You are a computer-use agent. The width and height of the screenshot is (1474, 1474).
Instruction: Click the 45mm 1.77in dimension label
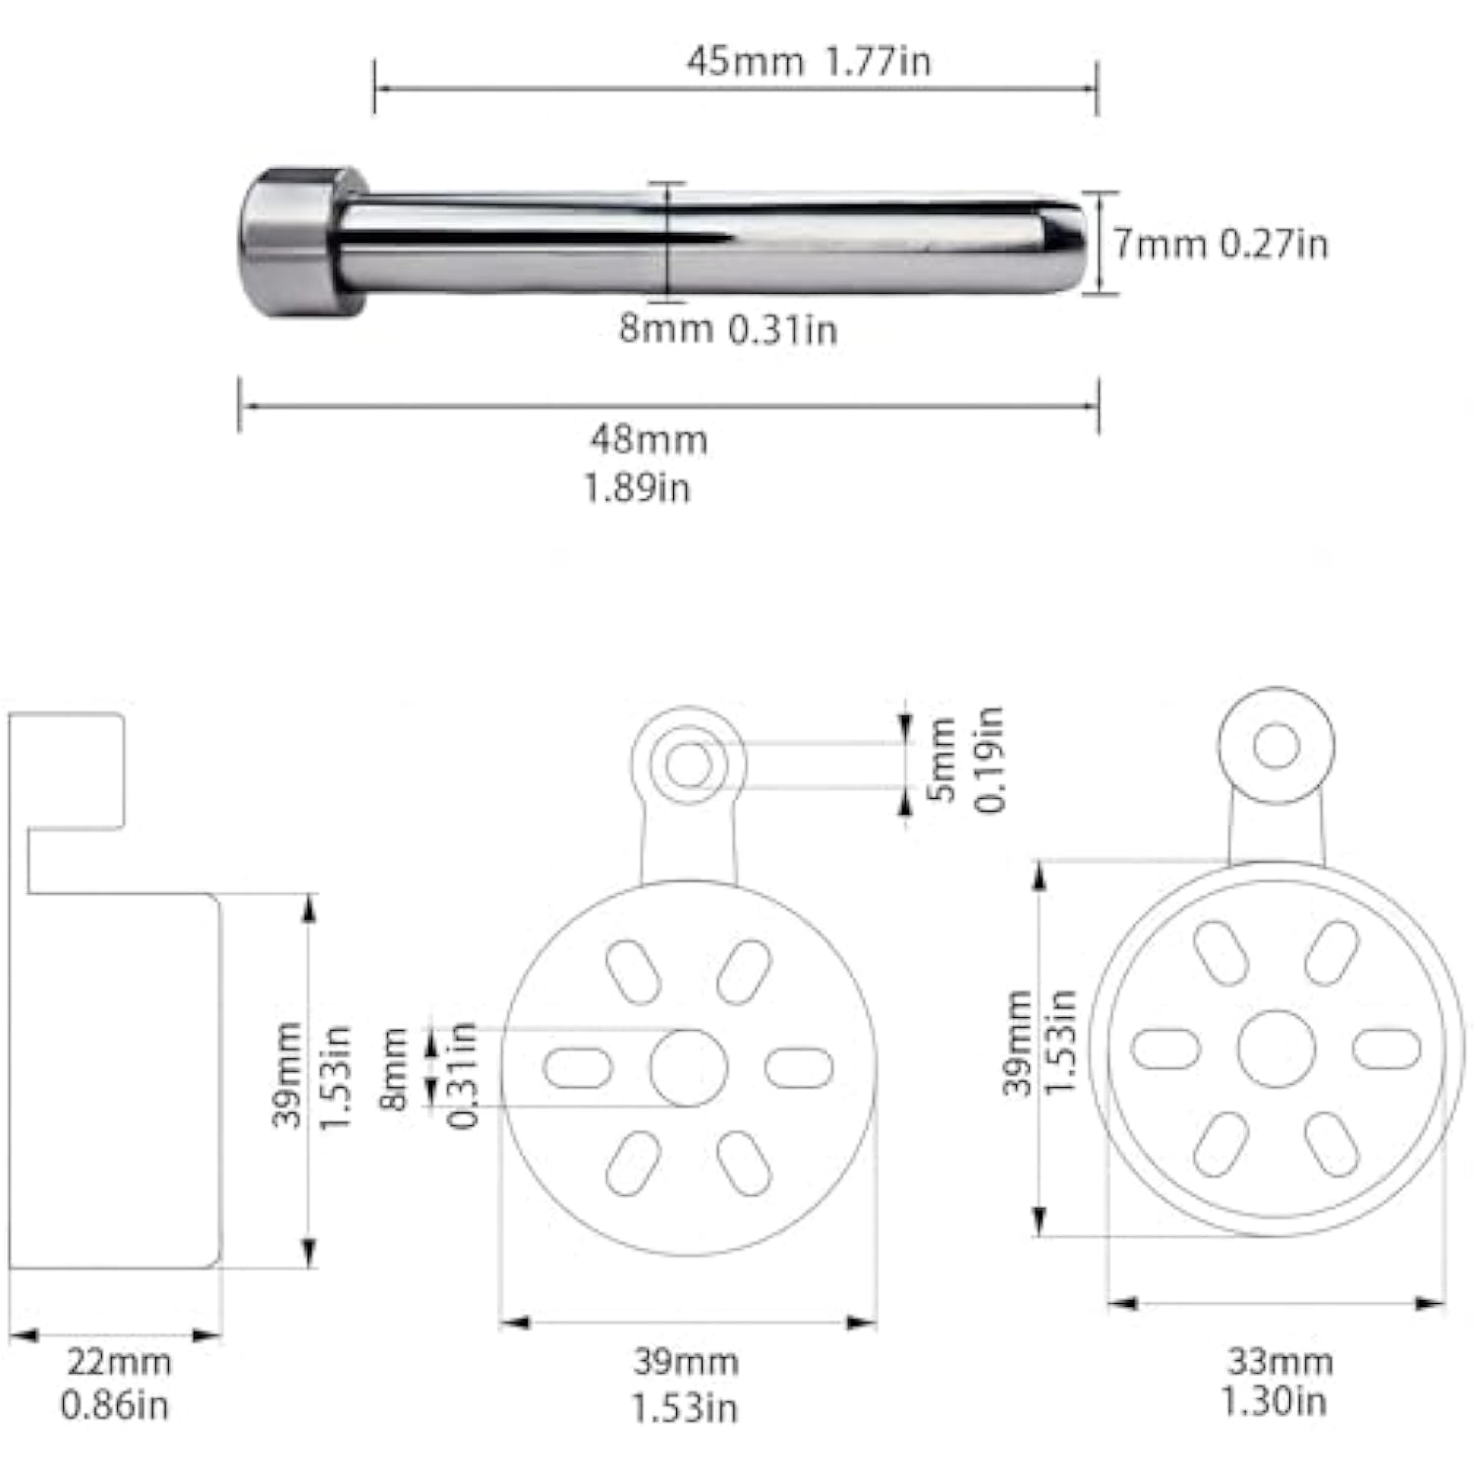point(808,62)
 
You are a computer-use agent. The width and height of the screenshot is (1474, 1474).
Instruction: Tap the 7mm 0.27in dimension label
point(1220,244)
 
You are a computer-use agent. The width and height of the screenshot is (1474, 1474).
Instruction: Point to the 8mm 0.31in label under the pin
point(728,328)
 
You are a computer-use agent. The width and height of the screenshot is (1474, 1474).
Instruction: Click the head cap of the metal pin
point(291,242)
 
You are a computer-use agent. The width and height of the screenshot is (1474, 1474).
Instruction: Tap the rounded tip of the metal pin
point(1066,244)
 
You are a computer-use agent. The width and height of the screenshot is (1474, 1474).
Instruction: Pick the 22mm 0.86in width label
point(116,1384)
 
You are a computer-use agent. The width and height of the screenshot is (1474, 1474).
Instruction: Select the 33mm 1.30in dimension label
point(1277,1381)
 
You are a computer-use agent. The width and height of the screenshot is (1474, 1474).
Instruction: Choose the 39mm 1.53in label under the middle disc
point(685,1385)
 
